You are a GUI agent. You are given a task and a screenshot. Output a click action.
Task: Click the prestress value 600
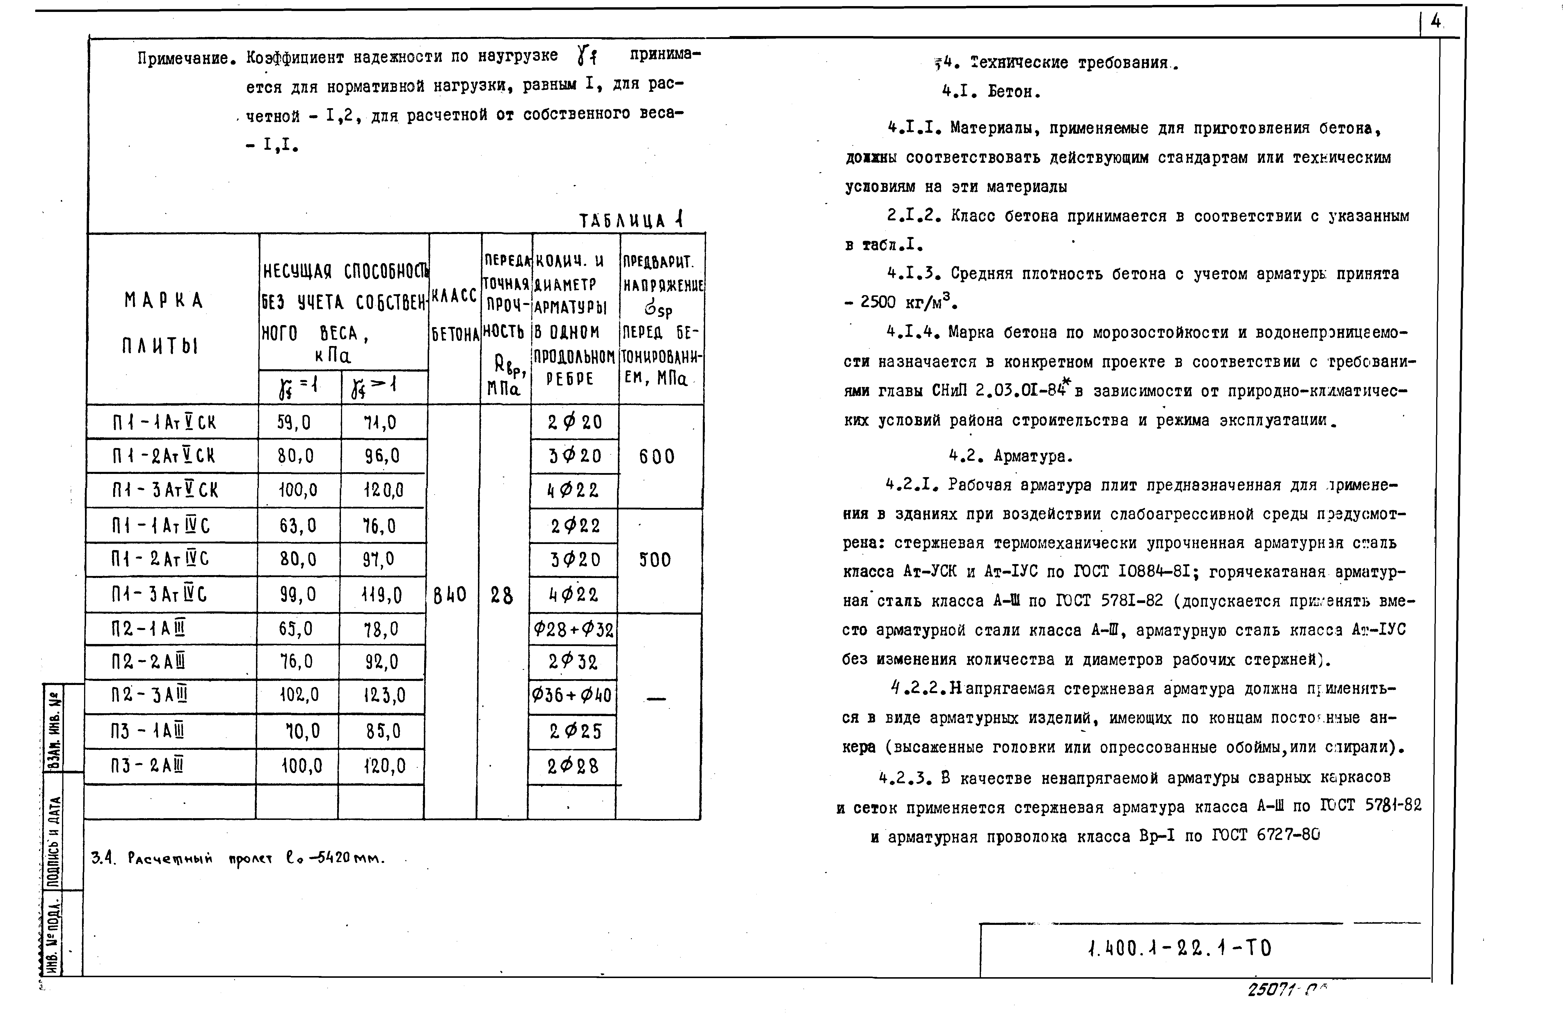click(x=657, y=457)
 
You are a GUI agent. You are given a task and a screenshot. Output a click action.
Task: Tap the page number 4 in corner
click(x=1436, y=22)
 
